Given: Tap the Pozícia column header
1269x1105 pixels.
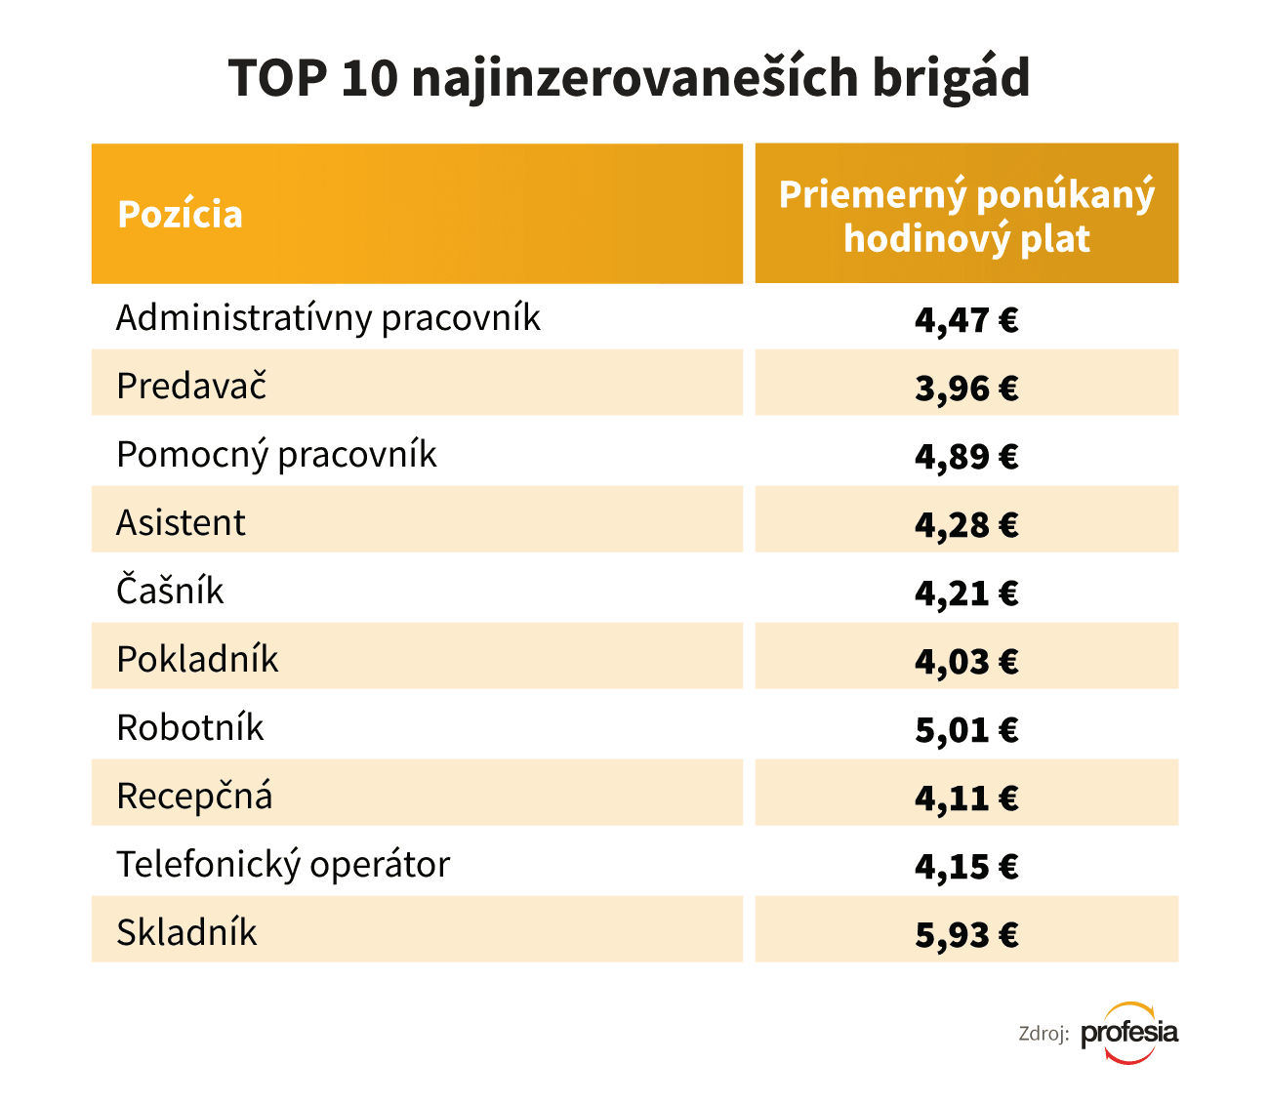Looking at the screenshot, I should pyautogui.click(x=180, y=215).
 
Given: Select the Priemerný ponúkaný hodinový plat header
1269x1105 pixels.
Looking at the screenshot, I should pyautogui.click(x=966, y=216).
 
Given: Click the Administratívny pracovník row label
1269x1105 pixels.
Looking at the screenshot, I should pyautogui.click(x=328, y=318).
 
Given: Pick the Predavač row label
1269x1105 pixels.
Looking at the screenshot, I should pyautogui.click(x=191, y=387).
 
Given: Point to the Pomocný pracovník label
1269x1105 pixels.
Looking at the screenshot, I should pyautogui.click(x=276, y=455).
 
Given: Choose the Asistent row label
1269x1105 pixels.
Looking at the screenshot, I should pyautogui.click(x=181, y=523).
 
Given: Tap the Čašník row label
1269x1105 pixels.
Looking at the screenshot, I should pyautogui.click(x=170, y=592).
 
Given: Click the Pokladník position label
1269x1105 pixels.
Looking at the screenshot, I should pyautogui.click(x=197, y=660).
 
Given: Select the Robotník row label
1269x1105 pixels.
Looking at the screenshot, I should pyautogui.click(x=189, y=728).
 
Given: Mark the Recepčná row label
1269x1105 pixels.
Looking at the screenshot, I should pyautogui.click(x=194, y=797).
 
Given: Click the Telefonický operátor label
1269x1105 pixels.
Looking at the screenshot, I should pyautogui.click(x=283, y=865).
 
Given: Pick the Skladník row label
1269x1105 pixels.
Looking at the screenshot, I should pyautogui.click(x=186, y=933).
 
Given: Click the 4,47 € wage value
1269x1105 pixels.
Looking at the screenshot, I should pyautogui.click(x=966, y=320).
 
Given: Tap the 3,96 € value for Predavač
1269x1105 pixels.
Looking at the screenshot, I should pyautogui.click(x=966, y=389).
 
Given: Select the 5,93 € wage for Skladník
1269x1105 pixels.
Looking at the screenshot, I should pyautogui.click(x=966, y=935).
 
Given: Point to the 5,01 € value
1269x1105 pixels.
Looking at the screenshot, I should pyautogui.click(x=966, y=730).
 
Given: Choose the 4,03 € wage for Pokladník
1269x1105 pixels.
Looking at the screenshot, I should pyautogui.click(x=966, y=662).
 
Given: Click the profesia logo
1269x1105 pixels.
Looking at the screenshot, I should pyautogui.click(x=1129, y=1033).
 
